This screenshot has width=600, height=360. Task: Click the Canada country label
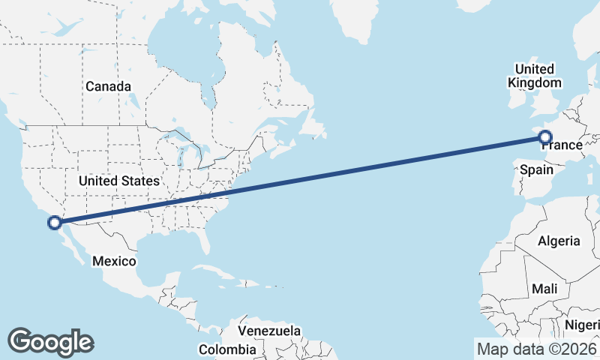tap(108, 86)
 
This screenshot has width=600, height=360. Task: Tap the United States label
tap(119, 181)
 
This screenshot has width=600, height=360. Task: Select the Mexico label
tap(114, 261)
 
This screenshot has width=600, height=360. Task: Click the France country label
tap(562, 145)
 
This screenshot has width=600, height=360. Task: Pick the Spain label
tap(537, 170)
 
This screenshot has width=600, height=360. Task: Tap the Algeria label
tap(559, 241)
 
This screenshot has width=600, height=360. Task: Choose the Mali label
tap(544, 289)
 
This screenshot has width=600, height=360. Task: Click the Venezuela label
tap(270, 331)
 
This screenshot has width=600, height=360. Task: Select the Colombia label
tap(227, 349)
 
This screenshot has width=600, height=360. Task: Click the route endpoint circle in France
tap(545, 137)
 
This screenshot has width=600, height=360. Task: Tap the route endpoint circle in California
tap(54, 222)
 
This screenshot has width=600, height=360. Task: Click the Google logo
tap(50, 342)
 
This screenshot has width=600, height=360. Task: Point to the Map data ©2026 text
tap(536, 349)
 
